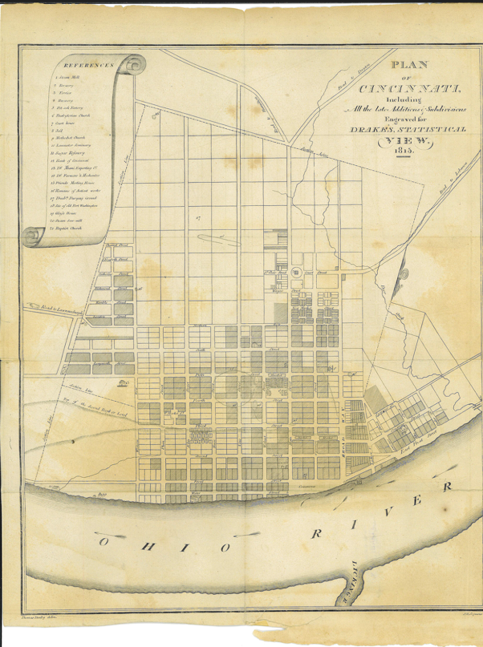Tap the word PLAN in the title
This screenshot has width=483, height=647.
409,66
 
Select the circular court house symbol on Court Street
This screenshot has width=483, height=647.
296,272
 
